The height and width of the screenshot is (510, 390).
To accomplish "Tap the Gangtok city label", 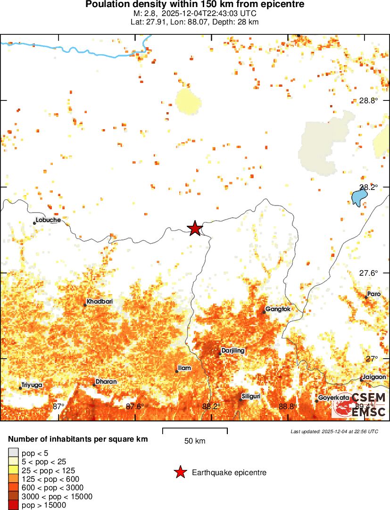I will [278, 309].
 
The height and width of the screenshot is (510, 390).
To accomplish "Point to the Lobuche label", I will [48, 220].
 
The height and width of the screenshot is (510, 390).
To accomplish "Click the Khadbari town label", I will [100, 302].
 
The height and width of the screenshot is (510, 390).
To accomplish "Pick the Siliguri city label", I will [251, 396].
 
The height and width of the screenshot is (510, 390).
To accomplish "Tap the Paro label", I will [373, 294].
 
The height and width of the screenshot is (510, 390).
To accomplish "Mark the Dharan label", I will [106, 381].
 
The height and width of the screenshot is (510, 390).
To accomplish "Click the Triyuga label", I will [31, 385].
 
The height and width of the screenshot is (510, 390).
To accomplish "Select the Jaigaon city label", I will [375, 377].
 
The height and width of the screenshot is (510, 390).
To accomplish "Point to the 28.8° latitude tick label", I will [369, 100].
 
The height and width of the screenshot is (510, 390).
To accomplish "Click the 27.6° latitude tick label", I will [369, 273].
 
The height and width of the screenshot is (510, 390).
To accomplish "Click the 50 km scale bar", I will [195, 430].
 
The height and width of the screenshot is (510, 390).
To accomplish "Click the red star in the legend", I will [180, 472].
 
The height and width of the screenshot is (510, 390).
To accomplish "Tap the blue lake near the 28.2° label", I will [360, 197].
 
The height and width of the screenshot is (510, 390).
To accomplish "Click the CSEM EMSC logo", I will [359, 404].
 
